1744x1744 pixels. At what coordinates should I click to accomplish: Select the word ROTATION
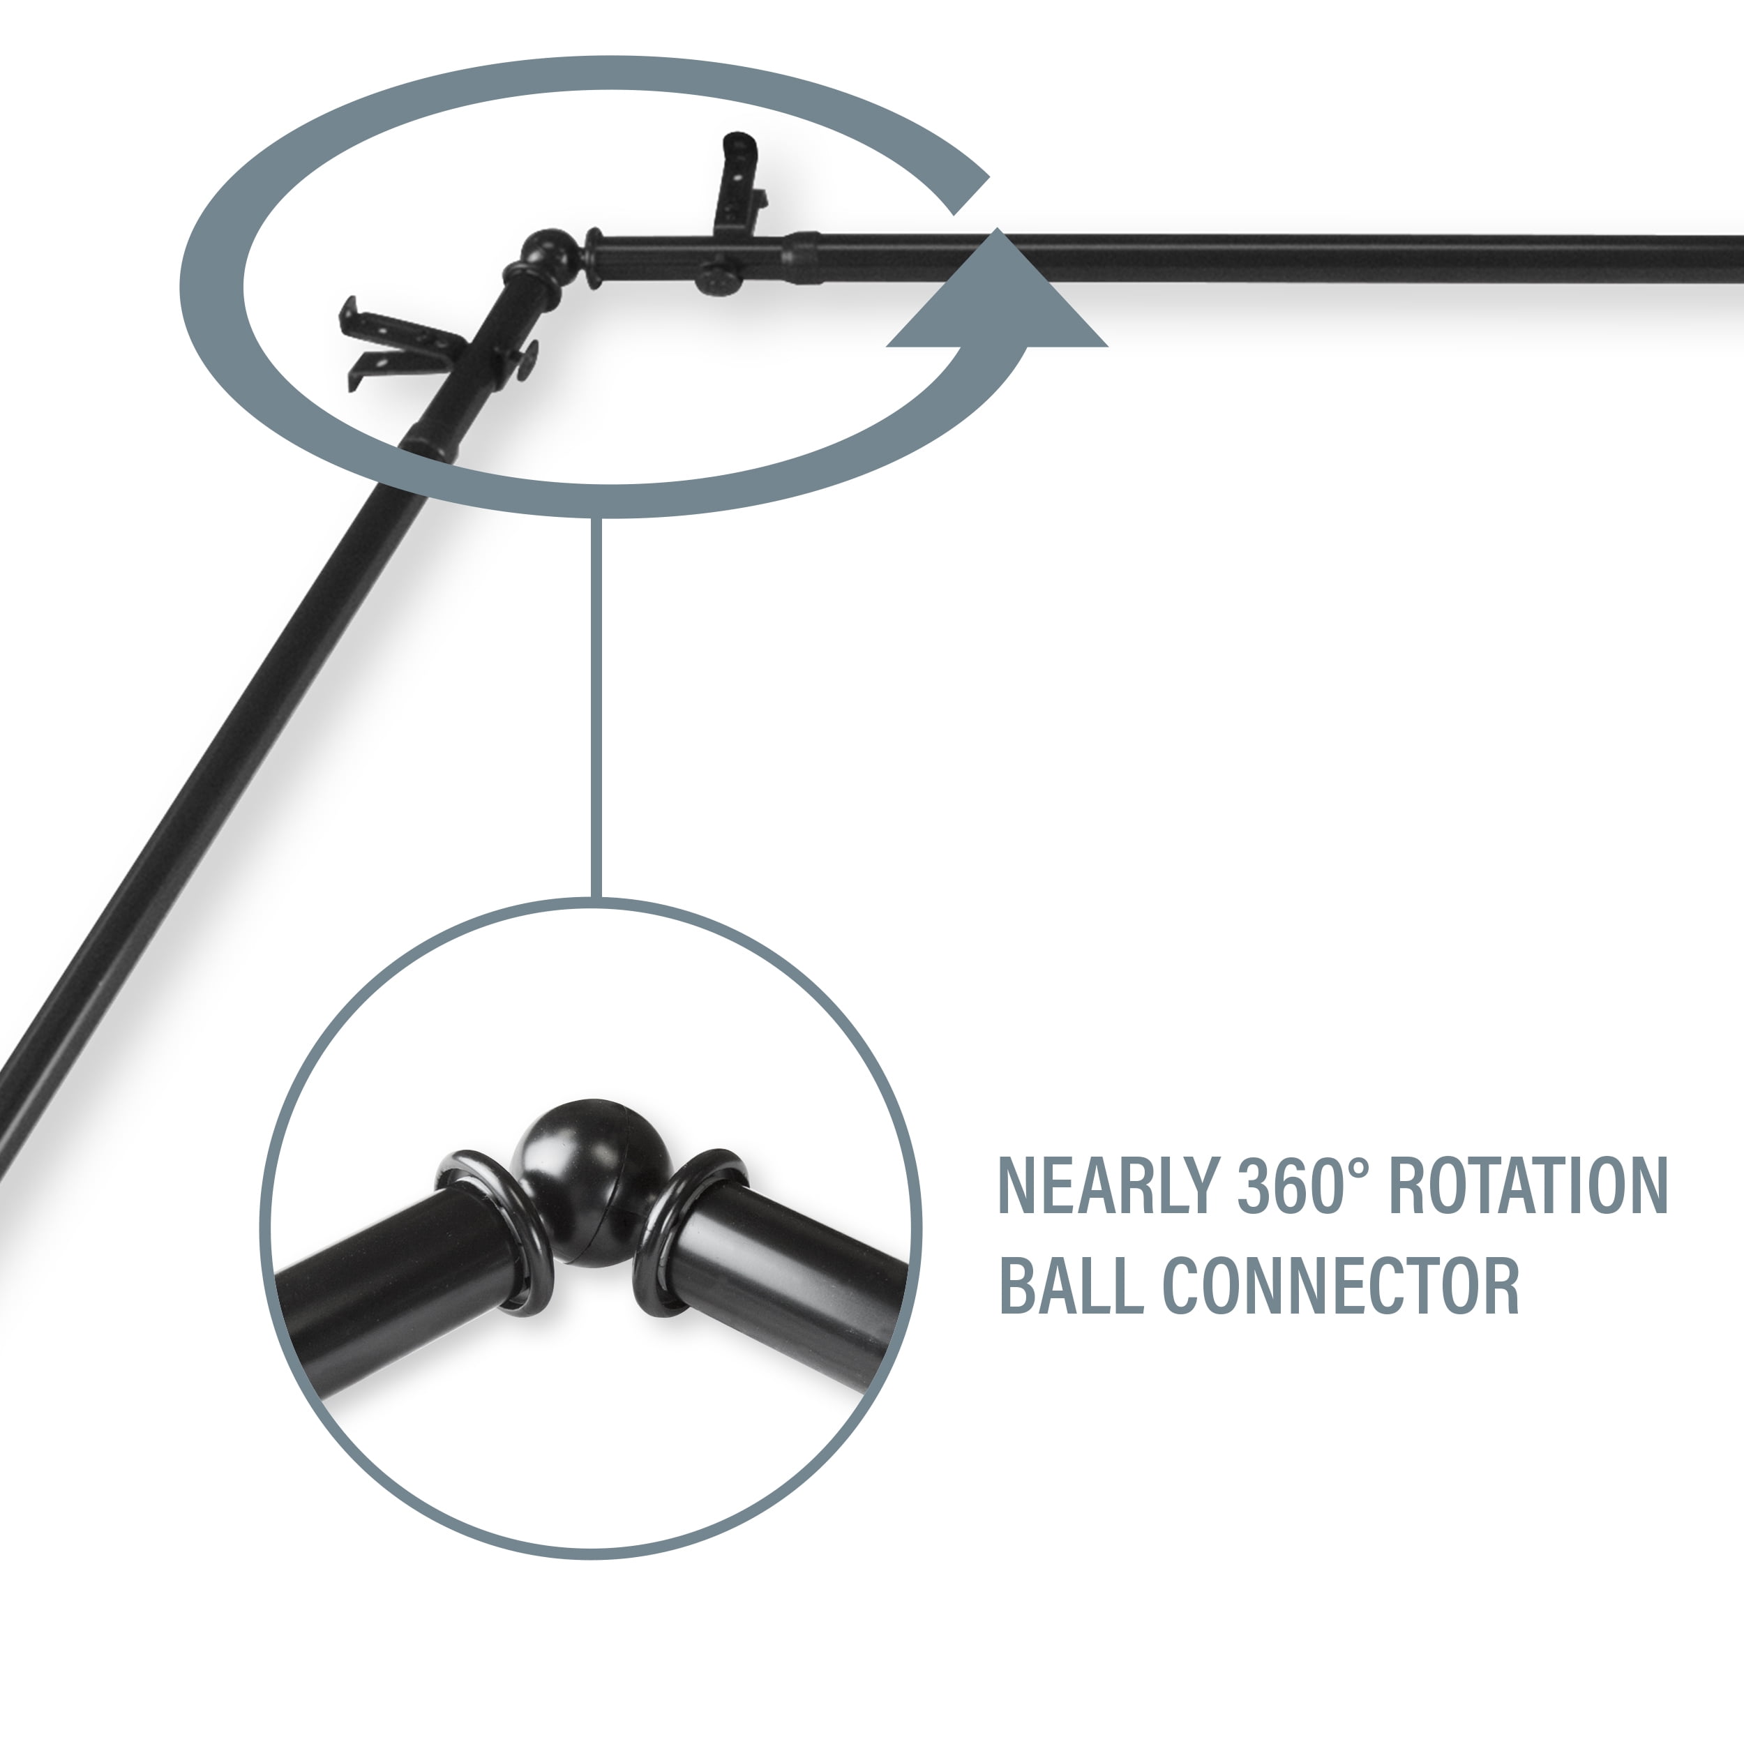tap(1526, 1185)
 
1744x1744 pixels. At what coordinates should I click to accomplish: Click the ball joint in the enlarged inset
tap(593, 1182)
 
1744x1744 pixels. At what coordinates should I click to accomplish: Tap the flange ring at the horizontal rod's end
tap(593, 258)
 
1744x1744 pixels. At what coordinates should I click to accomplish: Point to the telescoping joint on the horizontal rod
tap(802, 259)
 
